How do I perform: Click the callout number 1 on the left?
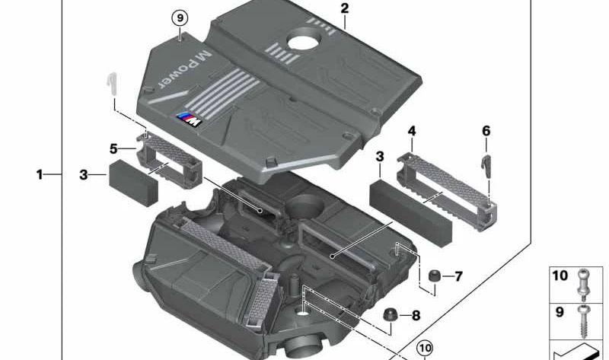(x=40, y=175)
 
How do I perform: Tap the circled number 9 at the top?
(x=180, y=18)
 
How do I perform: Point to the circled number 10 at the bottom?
(x=424, y=348)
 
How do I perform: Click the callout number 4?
(x=411, y=132)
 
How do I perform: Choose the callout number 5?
(x=113, y=149)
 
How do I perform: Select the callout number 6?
(x=486, y=131)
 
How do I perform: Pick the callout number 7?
(x=458, y=276)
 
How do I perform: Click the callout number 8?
(x=415, y=315)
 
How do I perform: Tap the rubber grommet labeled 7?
(x=435, y=277)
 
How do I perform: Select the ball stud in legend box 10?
(x=583, y=282)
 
